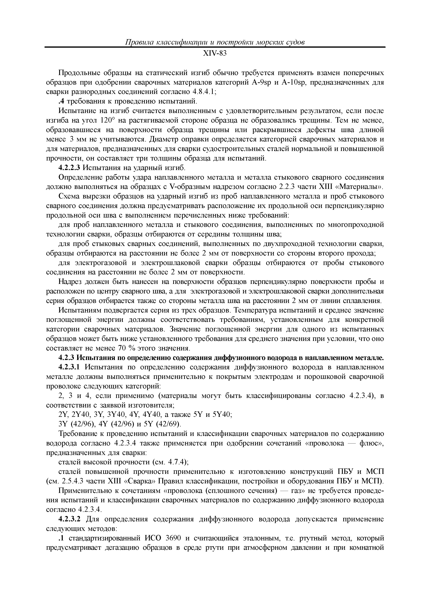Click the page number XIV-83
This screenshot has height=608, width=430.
pos(215,54)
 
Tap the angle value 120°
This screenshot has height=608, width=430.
pos(107,120)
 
